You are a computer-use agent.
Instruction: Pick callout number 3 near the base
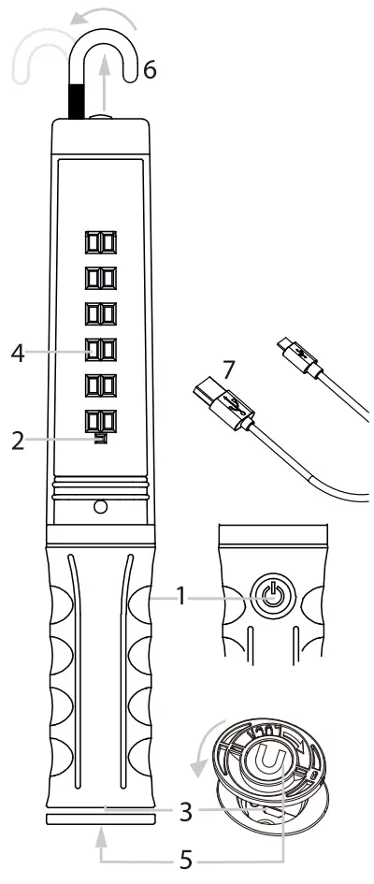(188, 810)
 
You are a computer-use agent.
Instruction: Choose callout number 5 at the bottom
(188, 858)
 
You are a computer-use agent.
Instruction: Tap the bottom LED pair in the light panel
(100, 420)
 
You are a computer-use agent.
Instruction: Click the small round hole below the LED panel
(100, 506)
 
